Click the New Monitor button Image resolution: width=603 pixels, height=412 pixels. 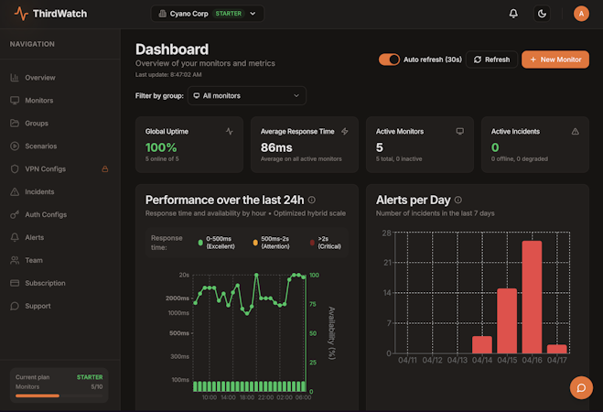(555, 60)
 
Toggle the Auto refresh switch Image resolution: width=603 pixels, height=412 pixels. (389, 60)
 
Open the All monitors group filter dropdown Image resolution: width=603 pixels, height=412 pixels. (246, 95)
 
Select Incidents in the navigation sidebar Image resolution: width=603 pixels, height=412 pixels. (39, 191)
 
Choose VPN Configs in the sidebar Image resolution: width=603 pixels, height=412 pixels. (45, 168)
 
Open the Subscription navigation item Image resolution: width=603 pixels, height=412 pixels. (45, 283)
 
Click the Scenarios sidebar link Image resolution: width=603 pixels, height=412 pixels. (40, 146)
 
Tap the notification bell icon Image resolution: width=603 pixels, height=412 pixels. (513, 14)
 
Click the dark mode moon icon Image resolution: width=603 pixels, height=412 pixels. (542, 14)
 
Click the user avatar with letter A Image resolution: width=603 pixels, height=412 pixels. (580, 14)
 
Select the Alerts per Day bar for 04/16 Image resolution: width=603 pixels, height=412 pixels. (533, 297)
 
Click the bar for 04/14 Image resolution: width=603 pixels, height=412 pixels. (482, 344)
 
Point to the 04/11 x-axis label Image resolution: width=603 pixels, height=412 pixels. (407, 361)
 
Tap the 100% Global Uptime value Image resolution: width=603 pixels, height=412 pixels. (161, 146)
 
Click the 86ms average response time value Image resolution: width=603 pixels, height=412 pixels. (275, 146)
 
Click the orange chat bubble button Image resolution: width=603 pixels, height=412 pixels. (581, 388)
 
